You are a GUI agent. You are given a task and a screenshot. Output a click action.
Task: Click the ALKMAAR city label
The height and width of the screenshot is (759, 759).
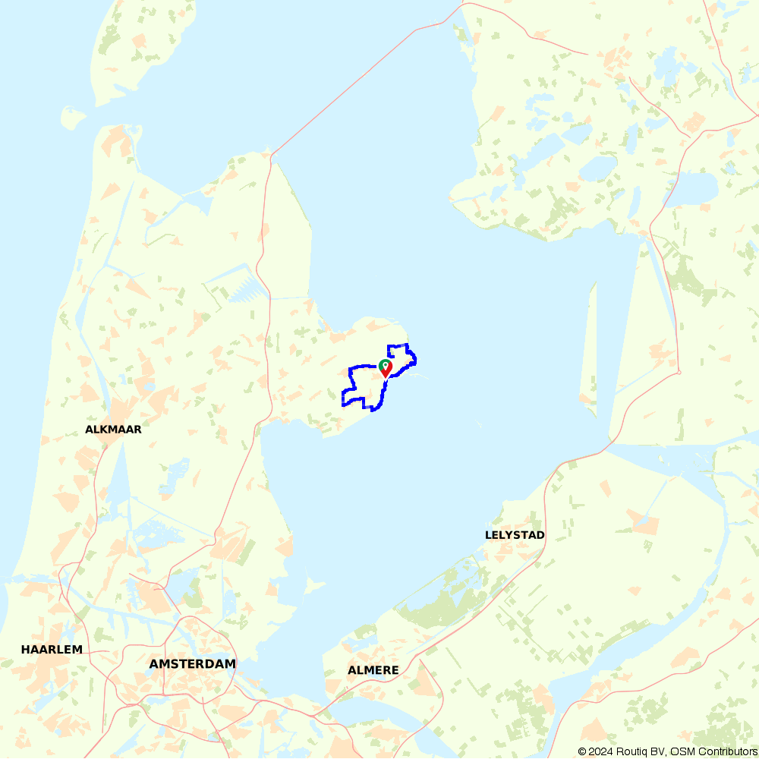pos(114,429)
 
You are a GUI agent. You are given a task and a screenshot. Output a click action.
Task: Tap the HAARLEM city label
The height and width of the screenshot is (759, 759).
pos(52,649)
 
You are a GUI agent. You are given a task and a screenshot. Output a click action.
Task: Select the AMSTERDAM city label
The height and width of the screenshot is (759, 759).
pos(192,664)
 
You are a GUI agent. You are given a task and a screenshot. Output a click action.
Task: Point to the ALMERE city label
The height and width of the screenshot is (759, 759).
pos(373,670)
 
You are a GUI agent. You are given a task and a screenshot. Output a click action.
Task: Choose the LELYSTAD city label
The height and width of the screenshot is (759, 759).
pos(515,535)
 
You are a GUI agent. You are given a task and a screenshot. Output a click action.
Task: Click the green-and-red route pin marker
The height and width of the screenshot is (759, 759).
pos(385,367)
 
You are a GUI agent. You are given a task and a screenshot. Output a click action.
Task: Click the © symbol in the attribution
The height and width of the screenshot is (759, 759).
pos(581,751)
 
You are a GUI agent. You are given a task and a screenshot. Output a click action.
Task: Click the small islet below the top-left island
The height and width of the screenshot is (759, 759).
pos(73,118)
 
